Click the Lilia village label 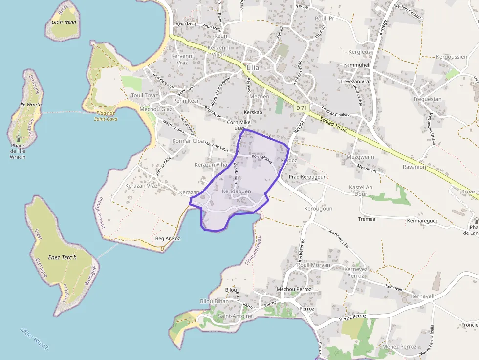[x=253, y=67]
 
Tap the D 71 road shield [x=301, y=107]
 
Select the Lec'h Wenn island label [x=64, y=22]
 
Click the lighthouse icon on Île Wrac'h [x=19, y=139]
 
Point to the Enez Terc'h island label [x=63, y=257]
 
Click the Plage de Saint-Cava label [x=106, y=116]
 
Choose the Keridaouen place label [x=237, y=191]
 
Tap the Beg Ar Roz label [x=168, y=238]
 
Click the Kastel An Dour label [x=361, y=191]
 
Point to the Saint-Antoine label [x=235, y=316]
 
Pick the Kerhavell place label [x=422, y=296]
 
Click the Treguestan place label [x=427, y=99]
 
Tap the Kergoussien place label [x=451, y=57]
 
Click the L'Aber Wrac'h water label [x=34, y=338]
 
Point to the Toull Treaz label [x=145, y=95]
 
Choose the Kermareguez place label [x=422, y=221]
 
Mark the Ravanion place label [x=414, y=167]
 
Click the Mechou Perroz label [x=294, y=289]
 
